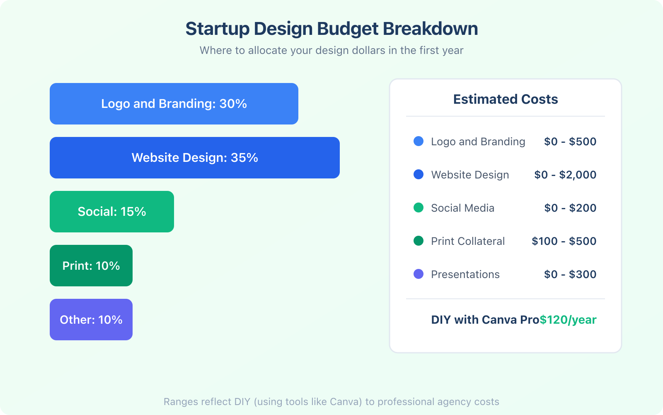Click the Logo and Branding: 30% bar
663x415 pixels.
[174, 104]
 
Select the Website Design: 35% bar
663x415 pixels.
[195, 158]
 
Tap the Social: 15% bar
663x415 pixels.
[112, 212]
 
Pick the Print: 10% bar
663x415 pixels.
[91, 266]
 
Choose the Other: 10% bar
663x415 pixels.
[91, 320]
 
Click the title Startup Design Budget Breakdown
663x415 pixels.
[331, 29]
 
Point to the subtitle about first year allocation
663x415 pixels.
[331, 50]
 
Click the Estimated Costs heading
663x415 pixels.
[506, 99]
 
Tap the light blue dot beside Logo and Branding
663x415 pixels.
[419, 141]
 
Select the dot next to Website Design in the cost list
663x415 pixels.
[419, 174]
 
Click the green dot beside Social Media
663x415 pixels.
[419, 207]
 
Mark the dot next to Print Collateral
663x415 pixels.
[419, 241]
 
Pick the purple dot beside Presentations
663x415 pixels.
[419, 274]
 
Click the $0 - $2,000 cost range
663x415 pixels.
[565, 175]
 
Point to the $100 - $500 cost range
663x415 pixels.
[564, 241]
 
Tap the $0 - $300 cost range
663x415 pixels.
[570, 274]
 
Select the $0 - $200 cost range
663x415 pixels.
[570, 208]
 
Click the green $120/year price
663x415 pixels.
[568, 320]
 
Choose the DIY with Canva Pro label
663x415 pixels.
[485, 320]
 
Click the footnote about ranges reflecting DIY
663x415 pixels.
[331, 402]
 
